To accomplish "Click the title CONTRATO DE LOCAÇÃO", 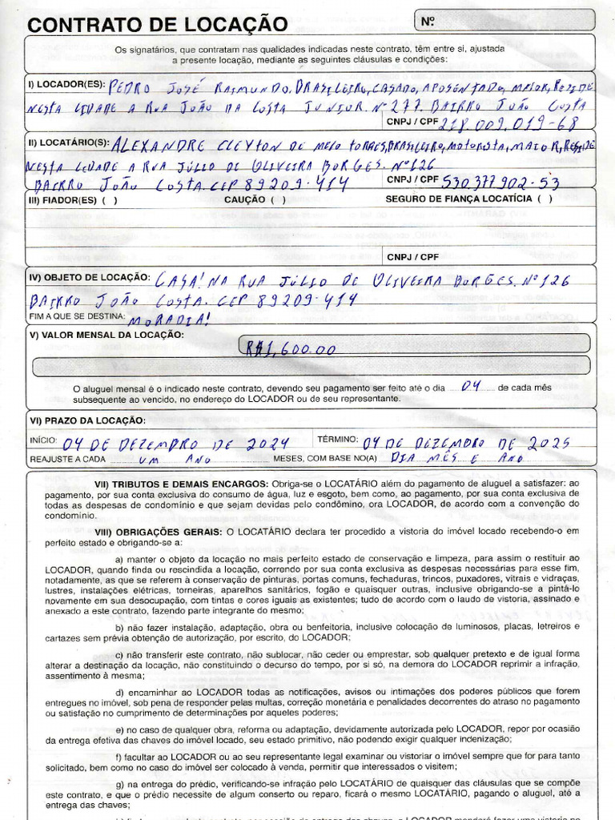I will point(156,25).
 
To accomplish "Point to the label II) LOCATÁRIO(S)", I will point(67,142).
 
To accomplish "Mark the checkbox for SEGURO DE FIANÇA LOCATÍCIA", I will point(545,200).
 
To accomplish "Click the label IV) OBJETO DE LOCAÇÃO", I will point(89,277).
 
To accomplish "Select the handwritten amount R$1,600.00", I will point(289,349).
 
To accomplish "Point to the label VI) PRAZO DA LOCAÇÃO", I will point(87,420).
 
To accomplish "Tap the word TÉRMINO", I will point(338,440).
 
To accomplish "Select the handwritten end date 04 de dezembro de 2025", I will point(466,443).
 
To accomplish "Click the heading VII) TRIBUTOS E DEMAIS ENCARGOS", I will point(182,484).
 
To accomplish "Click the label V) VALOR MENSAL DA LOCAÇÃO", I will point(106,334).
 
